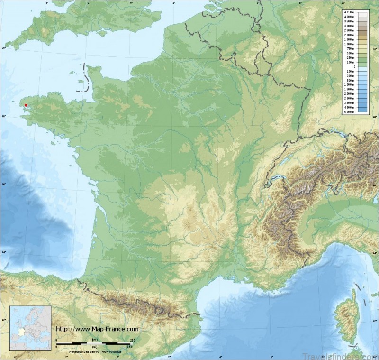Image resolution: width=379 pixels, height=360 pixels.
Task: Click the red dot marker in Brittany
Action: click(26, 105)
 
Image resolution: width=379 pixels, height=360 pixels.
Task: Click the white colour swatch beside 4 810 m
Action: click(362, 12)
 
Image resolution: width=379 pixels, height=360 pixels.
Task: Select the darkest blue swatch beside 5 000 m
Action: click(362, 111)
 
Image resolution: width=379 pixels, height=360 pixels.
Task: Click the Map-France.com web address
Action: click(97, 329)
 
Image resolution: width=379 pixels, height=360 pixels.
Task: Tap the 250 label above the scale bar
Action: click(132, 340)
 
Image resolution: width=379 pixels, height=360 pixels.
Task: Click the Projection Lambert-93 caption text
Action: click(95, 351)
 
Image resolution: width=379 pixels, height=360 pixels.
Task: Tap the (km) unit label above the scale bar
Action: click(95, 340)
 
